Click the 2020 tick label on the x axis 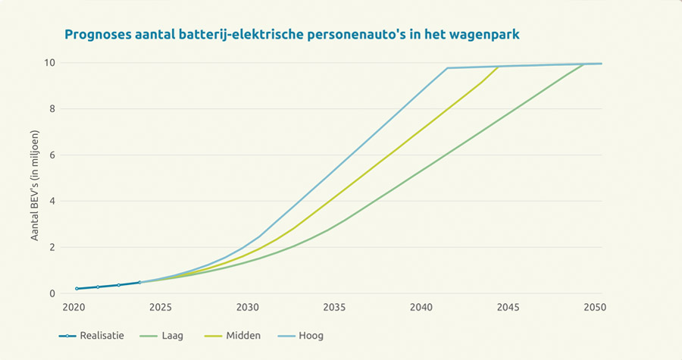click(x=74, y=308)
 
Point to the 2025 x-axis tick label click(x=161, y=308)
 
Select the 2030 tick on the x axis click(x=247, y=308)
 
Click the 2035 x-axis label click(x=334, y=308)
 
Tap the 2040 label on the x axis click(x=421, y=308)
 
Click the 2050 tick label click(x=595, y=308)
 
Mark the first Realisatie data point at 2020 click(x=77, y=289)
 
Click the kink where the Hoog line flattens click(x=447, y=68)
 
